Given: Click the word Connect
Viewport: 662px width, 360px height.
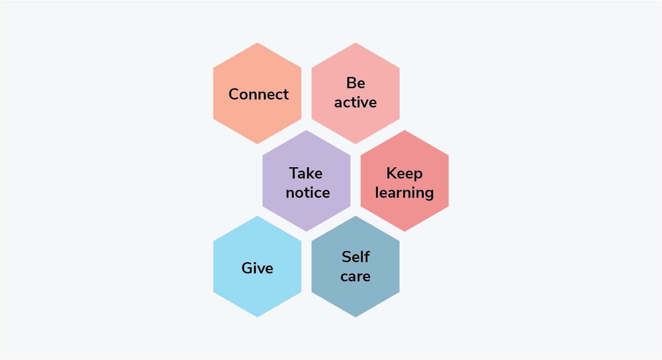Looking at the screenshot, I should pos(258,94).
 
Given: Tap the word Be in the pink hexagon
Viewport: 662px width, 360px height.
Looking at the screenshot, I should pos(356,83).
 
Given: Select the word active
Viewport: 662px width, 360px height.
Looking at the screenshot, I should pos(355,102).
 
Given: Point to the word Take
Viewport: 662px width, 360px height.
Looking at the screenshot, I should pos(306,174).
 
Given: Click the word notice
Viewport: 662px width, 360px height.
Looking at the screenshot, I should pos(308,193).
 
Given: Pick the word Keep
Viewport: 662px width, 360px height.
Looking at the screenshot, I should pos(404,174).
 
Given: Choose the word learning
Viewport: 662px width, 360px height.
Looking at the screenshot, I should pos(404,193).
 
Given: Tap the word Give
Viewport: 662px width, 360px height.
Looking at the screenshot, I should pos(257,268).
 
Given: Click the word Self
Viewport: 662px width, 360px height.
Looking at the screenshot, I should pos(356,257).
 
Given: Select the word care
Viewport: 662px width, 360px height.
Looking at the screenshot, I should pos(355,276).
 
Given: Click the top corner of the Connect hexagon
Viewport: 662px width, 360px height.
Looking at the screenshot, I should pos(257,43).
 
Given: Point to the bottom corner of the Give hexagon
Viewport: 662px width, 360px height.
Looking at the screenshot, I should pos(257,317).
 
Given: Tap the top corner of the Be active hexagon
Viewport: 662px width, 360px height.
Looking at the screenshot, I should pos(356,43).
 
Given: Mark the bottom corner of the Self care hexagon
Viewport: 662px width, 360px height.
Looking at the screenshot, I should pos(356,317).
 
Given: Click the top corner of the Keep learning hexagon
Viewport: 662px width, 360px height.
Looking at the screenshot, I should pos(405,130).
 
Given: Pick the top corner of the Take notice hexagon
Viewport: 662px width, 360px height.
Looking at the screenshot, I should pos(306,130).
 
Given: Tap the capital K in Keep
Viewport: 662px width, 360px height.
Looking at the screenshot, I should pos(392,173).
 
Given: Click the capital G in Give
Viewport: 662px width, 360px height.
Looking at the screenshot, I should pos(247,268).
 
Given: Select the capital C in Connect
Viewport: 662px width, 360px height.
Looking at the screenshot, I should pos(234,94).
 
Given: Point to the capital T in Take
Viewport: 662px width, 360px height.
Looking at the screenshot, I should pos(294,173).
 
